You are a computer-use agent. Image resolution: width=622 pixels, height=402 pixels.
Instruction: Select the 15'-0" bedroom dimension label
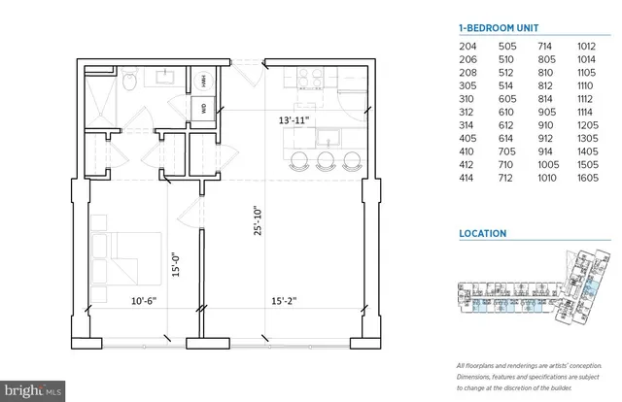[x=175, y=265]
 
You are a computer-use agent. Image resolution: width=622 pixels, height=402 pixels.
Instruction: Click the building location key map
[x=535, y=291]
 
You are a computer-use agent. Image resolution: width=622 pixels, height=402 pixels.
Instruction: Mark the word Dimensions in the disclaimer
[x=475, y=375]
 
